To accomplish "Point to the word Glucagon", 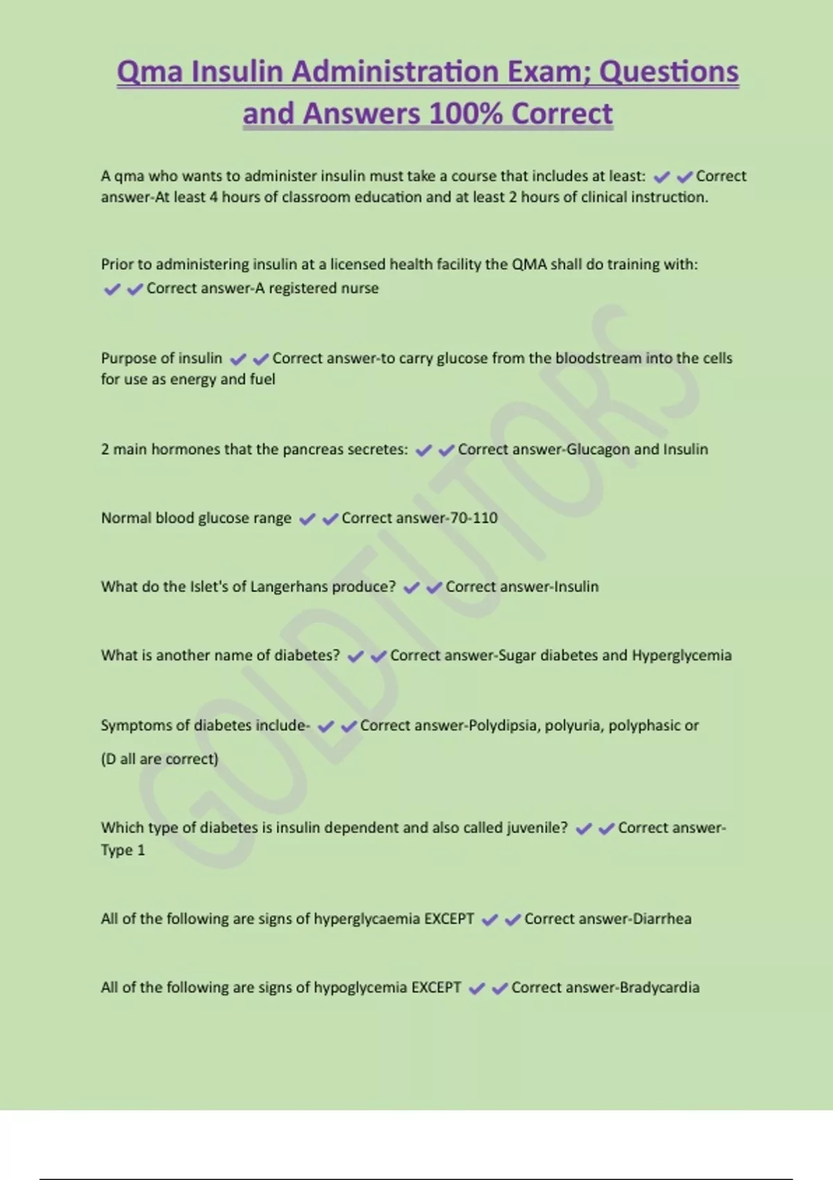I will click(x=598, y=449).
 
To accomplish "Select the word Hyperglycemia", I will click(x=682, y=655).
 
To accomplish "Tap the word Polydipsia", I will click(x=504, y=725).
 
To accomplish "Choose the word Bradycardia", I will click(x=659, y=987).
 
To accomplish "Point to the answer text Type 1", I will click(x=123, y=850).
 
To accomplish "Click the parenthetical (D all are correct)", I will click(x=160, y=759).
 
